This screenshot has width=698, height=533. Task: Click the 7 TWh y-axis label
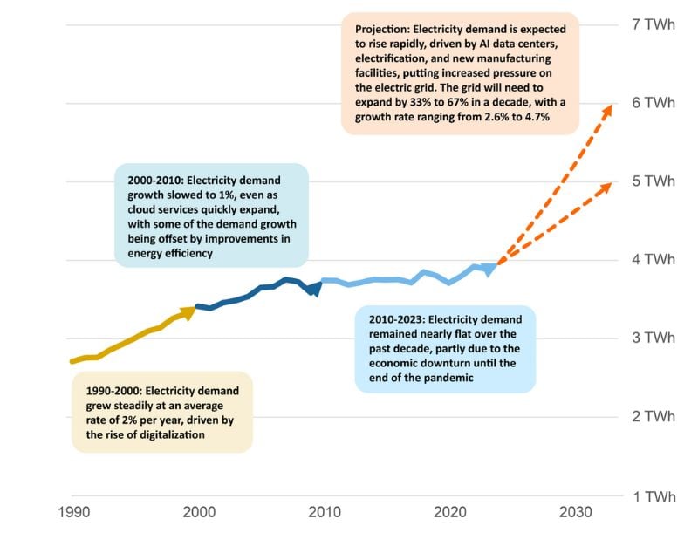tap(653, 24)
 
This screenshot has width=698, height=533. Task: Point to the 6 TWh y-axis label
tap(653, 103)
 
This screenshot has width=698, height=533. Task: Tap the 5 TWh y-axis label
tap(653, 181)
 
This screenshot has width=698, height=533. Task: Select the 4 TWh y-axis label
tap(653, 260)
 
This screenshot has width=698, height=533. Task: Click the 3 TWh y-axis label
tap(653, 338)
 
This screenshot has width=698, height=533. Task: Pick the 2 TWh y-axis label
tap(653, 417)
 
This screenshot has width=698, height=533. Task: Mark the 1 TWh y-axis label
tap(653, 497)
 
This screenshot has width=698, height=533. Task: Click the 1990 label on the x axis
tap(72, 512)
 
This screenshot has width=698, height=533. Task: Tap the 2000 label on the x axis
tap(198, 512)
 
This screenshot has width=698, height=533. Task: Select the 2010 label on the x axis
tap(324, 512)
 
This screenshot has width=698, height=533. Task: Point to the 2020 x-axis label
tap(449, 512)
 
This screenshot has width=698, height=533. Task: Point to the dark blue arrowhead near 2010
tap(315, 287)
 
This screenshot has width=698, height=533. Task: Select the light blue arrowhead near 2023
tap(490, 268)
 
